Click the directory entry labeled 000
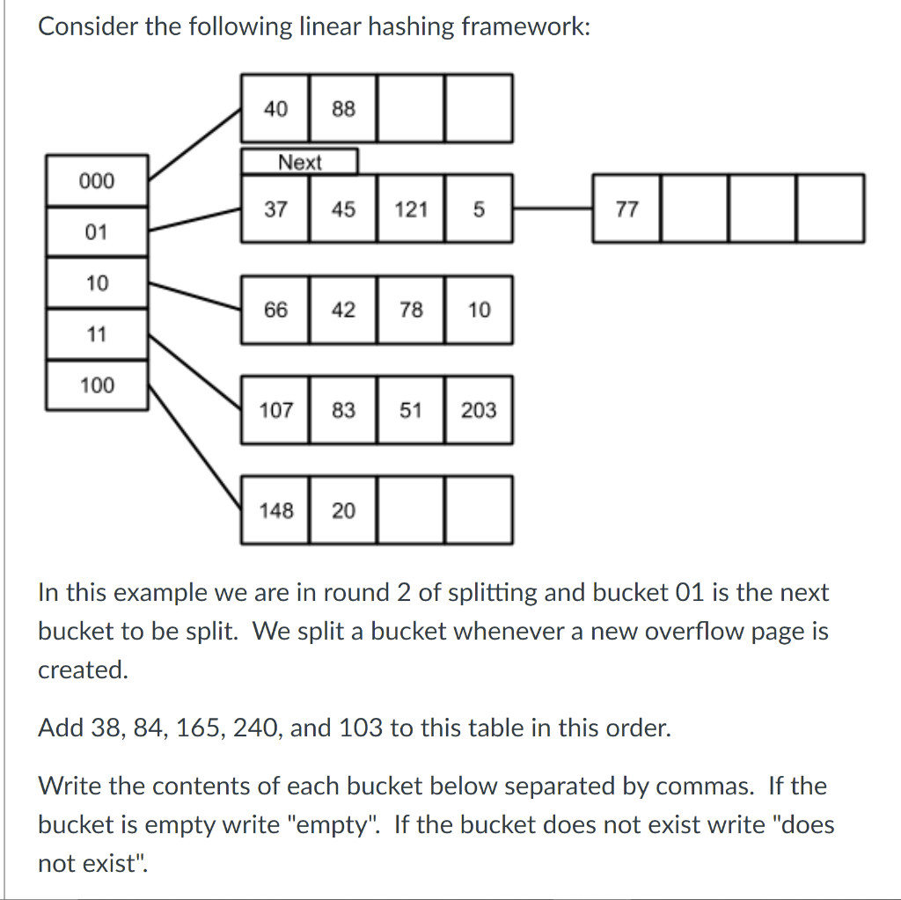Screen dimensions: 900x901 tap(97, 181)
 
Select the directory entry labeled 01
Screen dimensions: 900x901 tap(97, 232)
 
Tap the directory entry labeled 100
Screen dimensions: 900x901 tap(97, 384)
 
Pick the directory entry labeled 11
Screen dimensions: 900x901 tap(97, 334)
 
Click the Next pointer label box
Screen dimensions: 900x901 tap(300, 162)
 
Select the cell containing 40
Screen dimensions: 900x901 tap(275, 109)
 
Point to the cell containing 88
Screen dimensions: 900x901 tap(343, 109)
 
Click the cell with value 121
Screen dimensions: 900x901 tap(411, 209)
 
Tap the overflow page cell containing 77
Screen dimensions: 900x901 tap(626, 209)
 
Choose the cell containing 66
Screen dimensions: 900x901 tap(275, 310)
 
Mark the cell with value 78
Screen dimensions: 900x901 tap(411, 310)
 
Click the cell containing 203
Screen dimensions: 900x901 tap(479, 410)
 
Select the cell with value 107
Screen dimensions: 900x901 tap(275, 410)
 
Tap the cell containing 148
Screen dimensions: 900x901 tap(275, 510)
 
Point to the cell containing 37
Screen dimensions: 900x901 tap(275, 209)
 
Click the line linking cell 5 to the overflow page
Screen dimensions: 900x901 tap(553, 209)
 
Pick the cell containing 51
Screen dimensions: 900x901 tap(411, 410)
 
